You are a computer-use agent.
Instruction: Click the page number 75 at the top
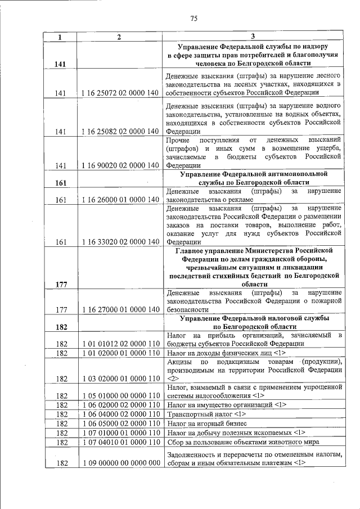point(193,19)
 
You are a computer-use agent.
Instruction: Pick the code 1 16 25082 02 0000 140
point(119,132)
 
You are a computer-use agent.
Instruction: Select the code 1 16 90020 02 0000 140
point(119,165)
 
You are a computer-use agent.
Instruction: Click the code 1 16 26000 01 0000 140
point(119,199)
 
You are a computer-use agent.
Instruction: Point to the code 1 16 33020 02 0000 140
point(119,242)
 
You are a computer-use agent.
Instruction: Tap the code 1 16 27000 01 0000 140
point(119,309)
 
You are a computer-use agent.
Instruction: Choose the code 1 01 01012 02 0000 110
point(119,343)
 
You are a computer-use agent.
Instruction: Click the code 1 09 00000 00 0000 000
point(119,463)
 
